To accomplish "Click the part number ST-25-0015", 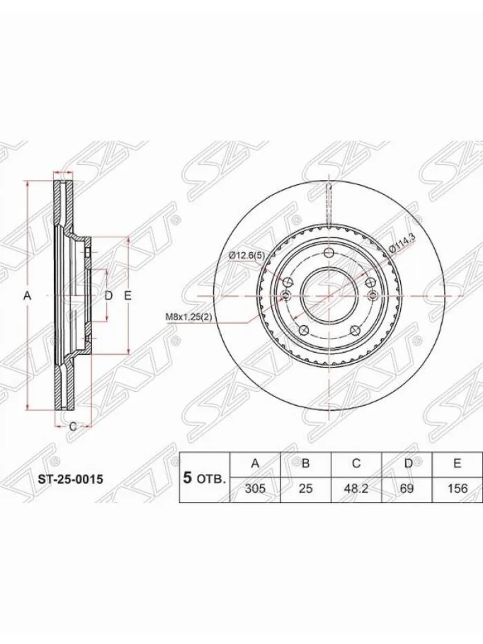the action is coord(70,479).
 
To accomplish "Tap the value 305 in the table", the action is coord(255,488).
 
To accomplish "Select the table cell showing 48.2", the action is coord(356,488).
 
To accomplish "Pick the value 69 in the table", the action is coord(407,488).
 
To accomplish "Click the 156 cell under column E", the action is coord(457,488).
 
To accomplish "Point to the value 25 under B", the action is coord(305,488).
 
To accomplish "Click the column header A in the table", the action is coord(255,464).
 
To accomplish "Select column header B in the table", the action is coord(305,464).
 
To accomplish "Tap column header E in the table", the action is coord(457,464).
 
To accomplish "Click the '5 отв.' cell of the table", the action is coord(204,478).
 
